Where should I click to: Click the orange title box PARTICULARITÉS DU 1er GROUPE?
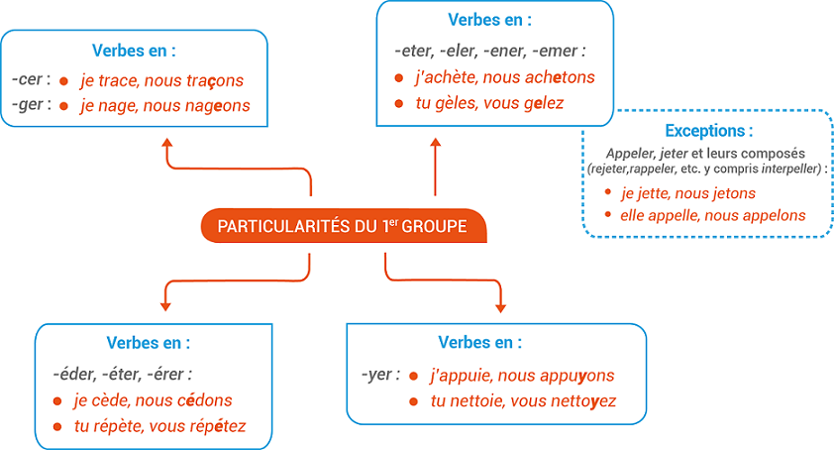click(x=342, y=226)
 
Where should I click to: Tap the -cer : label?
click(x=31, y=79)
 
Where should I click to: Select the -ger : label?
click(x=31, y=104)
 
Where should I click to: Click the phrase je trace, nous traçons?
click(x=161, y=80)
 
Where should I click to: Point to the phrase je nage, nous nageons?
click(x=165, y=105)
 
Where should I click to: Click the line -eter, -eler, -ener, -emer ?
click(x=488, y=50)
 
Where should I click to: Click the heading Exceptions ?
click(x=708, y=130)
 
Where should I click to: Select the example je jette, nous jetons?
click(x=687, y=193)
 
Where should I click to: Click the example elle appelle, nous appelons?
click(x=712, y=215)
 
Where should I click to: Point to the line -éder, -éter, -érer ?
click(x=123, y=374)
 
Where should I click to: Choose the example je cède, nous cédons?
click(x=153, y=400)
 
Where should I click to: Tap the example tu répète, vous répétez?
click(x=159, y=426)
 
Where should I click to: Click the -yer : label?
click(x=380, y=375)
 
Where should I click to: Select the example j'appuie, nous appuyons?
click(x=522, y=376)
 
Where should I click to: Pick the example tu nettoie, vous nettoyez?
click(x=523, y=401)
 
